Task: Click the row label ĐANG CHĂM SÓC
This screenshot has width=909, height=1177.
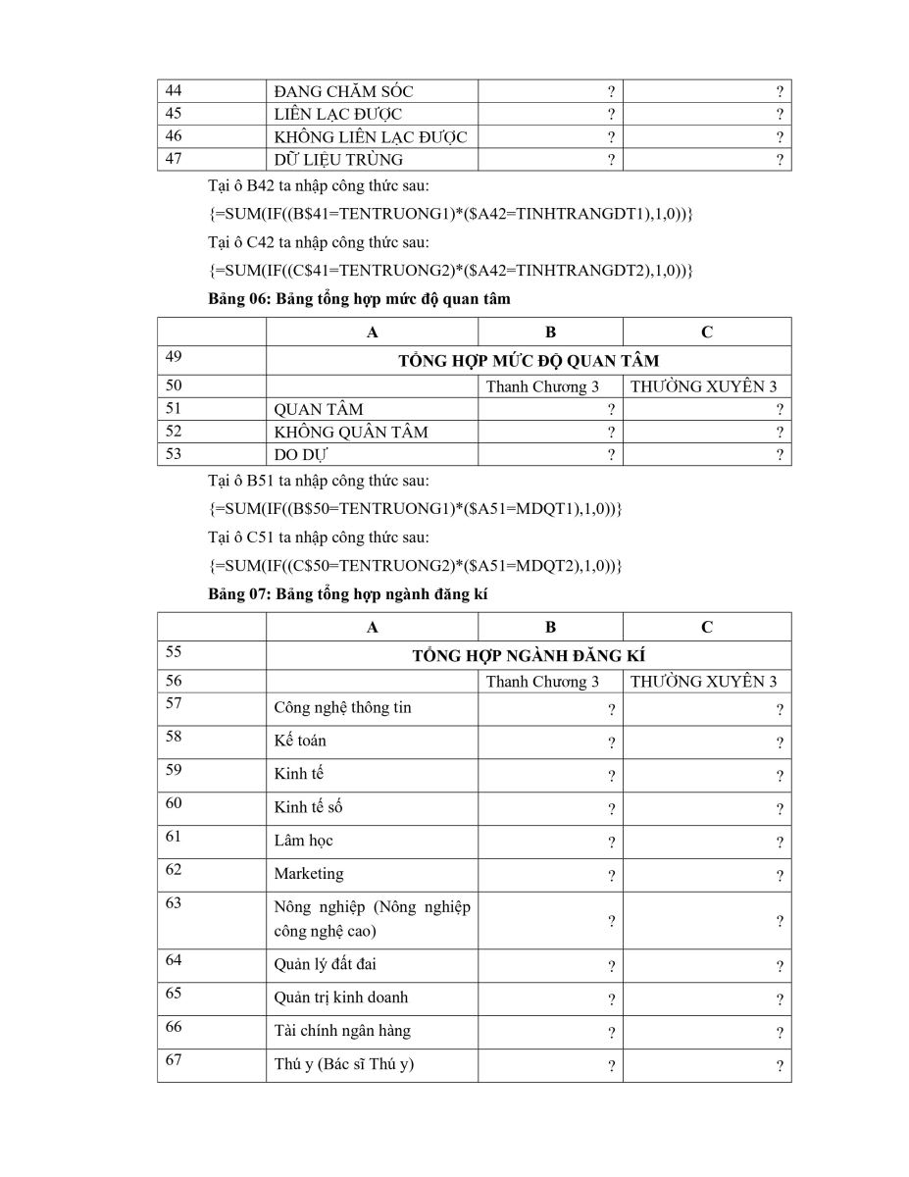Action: (x=343, y=91)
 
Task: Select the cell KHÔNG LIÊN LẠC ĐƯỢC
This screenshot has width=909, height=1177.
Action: (x=370, y=137)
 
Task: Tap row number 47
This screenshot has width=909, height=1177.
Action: (x=174, y=159)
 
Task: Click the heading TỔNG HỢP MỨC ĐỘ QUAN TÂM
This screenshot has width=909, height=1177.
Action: (x=529, y=360)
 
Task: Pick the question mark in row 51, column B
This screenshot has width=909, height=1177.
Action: (x=611, y=410)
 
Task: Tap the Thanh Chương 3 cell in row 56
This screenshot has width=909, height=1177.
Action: (x=542, y=682)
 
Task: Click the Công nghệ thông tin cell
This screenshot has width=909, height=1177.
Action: (x=342, y=708)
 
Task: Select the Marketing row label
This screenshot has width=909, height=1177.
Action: (x=309, y=873)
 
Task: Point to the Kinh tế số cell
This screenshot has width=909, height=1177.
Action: (x=308, y=807)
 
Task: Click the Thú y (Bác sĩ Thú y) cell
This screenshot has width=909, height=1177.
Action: (x=343, y=1063)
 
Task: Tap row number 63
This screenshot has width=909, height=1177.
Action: (x=174, y=903)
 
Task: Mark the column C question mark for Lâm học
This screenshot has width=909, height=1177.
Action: (x=780, y=843)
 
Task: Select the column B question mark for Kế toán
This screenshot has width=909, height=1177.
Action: (x=611, y=743)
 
